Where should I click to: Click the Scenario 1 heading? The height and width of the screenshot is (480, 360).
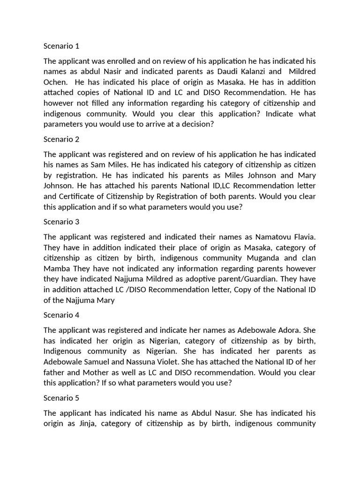[61, 46]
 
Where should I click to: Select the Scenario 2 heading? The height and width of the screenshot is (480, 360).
[61, 139]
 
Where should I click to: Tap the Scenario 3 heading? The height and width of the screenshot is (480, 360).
[61, 222]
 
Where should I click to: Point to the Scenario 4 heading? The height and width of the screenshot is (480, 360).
[61, 315]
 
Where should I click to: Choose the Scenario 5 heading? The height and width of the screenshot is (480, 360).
[61, 398]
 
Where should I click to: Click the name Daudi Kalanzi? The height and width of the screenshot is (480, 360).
[245, 71]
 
